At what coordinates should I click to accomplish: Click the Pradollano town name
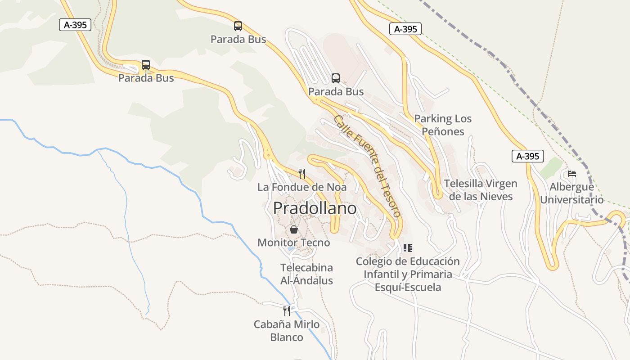tap(315, 208)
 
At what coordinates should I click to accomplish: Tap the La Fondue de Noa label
tap(302, 187)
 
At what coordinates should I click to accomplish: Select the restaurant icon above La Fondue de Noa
tap(302, 173)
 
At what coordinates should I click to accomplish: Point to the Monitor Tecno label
tap(293, 243)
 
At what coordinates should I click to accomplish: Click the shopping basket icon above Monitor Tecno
tap(294, 229)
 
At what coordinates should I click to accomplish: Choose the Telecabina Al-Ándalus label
tap(306, 274)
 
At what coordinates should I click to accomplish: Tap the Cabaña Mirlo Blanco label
tap(287, 330)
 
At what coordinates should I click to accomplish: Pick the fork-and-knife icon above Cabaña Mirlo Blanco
tap(287, 310)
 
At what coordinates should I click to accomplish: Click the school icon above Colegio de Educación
tap(408, 247)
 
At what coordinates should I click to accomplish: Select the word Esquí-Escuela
tap(408, 287)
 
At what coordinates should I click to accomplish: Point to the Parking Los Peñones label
tap(443, 125)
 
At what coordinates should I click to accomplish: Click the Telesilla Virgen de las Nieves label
tap(481, 190)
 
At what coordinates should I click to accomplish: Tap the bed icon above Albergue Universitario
tap(572, 173)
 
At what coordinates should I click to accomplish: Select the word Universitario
tap(572, 200)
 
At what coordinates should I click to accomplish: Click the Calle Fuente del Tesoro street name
tap(367, 166)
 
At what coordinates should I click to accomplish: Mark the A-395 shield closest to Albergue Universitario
tap(528, 157)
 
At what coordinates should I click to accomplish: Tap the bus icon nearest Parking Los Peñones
tap(336, 78)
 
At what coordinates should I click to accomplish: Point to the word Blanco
tap(287, 337)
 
